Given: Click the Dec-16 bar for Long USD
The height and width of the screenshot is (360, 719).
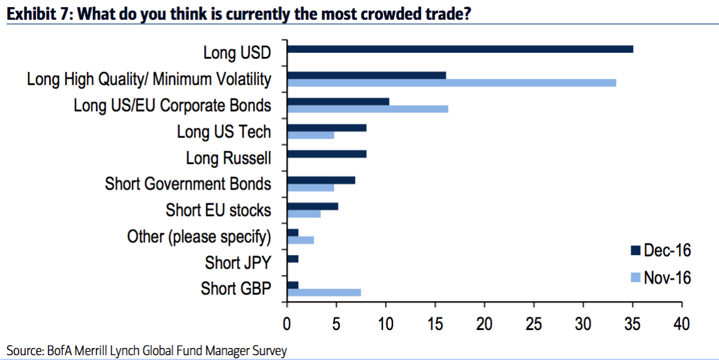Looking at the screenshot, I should pyautogui.click(x=460, y=49).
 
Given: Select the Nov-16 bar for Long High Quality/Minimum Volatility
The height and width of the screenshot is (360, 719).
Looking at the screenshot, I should pyautogui.click(x=452, y=83).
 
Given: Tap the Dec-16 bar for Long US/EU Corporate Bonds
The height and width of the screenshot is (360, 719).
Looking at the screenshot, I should pyautogui.click(x=338, y=101).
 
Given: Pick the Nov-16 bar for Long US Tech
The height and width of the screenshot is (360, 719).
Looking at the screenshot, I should pyautogui.click(x=311, y=135).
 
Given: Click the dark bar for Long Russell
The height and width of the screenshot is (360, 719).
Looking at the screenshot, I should pyautogui.click(x=327, y=154).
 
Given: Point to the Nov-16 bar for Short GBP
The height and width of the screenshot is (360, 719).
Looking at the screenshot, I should pyautogui.click(x=324, y=292).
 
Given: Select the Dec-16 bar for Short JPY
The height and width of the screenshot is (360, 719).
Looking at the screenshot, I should pyautogui.click(x=293, y=259).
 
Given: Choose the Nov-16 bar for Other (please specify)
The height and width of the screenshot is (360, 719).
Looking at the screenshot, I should pyautogui.click(x=301, y=240).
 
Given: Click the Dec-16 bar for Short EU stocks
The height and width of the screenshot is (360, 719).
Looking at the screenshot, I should pyautogui.click(x=313, y=206).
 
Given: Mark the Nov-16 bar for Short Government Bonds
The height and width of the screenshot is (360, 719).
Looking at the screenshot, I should pyautogui.click(x=311, y=188).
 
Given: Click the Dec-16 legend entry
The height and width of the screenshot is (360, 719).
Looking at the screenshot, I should pyautogui.click(x=660, y=250).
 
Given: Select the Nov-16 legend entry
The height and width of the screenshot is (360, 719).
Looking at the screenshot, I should pyautogui.click(x=660, y=277).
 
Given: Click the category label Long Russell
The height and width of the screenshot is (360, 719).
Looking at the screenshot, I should pyautogui.click(x=229, y=158).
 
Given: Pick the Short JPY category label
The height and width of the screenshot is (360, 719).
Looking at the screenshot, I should pyautogui.click(x=238, y=263).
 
